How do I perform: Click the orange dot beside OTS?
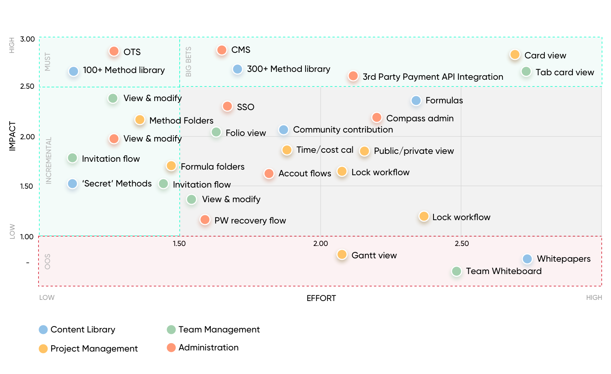click(x=114, y=51)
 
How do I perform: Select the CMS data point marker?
click(x=222, y=50)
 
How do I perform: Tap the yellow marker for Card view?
click(x=515, y=55)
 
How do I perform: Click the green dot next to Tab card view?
click(x=526, y=72)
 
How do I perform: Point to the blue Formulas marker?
click(x=416, y=100)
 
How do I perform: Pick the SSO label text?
click(x=246, y=107)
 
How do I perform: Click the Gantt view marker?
click(x=342, y=255)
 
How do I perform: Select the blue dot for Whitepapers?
click(x=527, y=259)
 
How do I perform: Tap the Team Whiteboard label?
click(x=504, y=271)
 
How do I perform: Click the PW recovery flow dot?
click(x=205, y=220)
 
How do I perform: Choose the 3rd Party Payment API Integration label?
click(x=433, y=77)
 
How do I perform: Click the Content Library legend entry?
click(x=83, y=329)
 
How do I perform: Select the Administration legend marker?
click(x=171, y=347)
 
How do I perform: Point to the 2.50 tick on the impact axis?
click(x=27, y=86)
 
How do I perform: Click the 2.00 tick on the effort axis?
click(x=320, y=244)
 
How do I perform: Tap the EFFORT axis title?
click(x=321, y=298)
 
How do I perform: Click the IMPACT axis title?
click(x=12, y=136)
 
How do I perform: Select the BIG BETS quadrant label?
click(x=189, y=62)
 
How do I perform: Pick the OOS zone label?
click(x=48, y=261)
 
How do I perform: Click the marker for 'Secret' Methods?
click(x=73, y=184)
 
